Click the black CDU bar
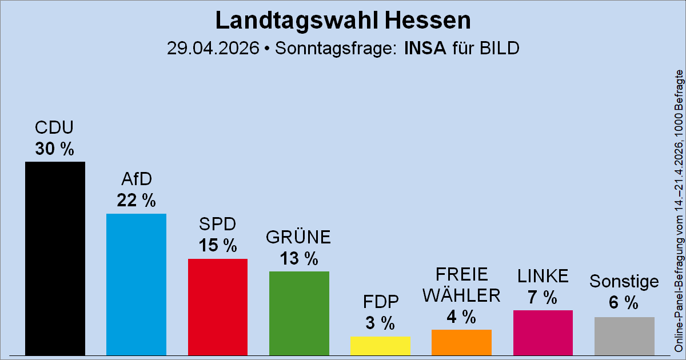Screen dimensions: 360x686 (x=55, y=258)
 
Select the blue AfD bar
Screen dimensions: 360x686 (x=136, y=284)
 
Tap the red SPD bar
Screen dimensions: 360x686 (x=218, y=307)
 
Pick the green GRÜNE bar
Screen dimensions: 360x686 (x=299, y=313)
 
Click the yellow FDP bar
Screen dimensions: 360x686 (x=380, y=346)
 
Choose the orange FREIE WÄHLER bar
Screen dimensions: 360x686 (x=461, y=342)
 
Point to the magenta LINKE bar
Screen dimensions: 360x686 (x=543, y=333)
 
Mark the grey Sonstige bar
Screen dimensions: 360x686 (x=624, y=336)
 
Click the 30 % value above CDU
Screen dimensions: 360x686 (x=55, y=149)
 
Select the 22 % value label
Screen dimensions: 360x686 (x=136, y=201)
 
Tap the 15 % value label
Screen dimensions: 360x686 (x=218, y=246)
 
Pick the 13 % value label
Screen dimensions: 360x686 (x=299, y=258)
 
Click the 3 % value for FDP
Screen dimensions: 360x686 (x=380, y=323)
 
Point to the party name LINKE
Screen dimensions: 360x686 (x=543, y=276)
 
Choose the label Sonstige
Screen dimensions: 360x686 (x=624, y=282)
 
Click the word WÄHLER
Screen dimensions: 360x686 (x=461, y=295)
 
